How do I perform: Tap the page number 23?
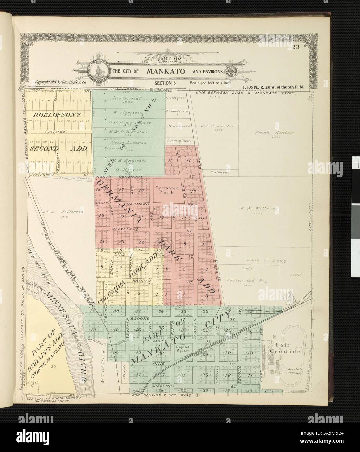click(x=295, y=47)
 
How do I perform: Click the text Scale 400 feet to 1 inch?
click(x=211, y=83)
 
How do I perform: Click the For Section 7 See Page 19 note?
click(x=165, y=396)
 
